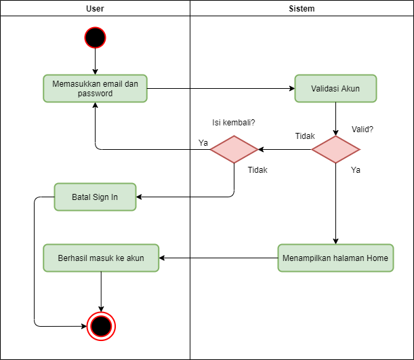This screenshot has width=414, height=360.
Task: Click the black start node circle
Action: click(x=95, y=37)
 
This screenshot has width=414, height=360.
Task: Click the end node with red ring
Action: click(x=101, y=326)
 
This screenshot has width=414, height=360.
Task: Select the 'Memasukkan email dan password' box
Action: click(x=95, y=88)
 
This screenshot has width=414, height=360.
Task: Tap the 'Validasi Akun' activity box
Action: click(x=335, y=88)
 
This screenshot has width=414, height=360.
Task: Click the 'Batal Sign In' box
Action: click(x=95, y=197)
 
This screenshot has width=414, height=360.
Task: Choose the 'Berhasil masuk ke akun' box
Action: click(x=101, y=258)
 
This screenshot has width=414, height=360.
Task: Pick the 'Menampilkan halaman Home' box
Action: click(x=335, y=258)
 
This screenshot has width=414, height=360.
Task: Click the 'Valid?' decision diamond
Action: click(x=335, y=149)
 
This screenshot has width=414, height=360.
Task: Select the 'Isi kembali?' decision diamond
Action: click(x=234, y=149)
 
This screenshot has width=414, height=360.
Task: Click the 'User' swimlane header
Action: click(x=95, y=9)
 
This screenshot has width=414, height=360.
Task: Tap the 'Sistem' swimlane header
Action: click(x=302, y=9)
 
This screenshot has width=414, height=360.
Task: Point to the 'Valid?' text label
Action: click(x=363, y=129)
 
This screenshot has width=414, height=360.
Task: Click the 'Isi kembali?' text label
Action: click(x=234, y=123)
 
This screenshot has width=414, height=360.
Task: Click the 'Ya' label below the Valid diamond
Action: click(x=356, y=170)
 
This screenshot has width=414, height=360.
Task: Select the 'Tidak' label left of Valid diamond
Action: click(x=305, y=136)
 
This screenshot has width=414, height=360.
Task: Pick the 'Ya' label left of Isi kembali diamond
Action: click(x=203, y=142)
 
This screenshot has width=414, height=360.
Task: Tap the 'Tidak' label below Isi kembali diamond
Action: click(x=257, y=170)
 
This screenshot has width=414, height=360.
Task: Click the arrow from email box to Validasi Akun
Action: click(x=220, y=88)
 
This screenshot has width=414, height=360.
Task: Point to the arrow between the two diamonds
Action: click(x=285, y=149)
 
